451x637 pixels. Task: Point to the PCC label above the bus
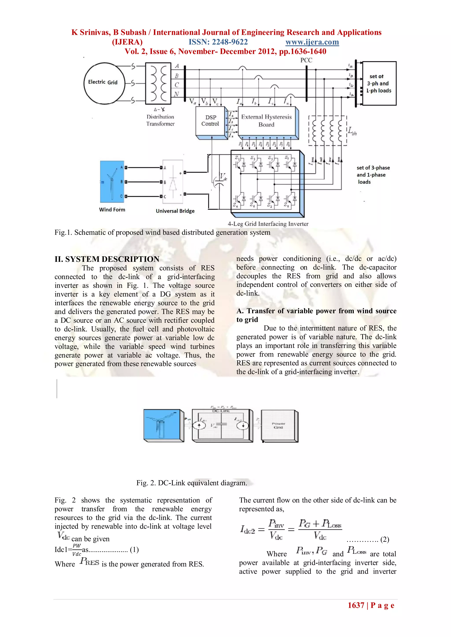coord(306,60)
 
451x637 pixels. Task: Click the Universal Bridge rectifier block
coord(173,182)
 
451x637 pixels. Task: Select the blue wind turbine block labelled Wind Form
coord(112,182)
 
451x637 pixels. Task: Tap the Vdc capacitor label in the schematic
coord(223,177)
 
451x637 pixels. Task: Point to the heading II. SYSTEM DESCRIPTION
coord(107,259)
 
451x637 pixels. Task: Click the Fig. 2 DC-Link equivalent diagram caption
coord(191,483)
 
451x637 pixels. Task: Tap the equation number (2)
coord(385,539)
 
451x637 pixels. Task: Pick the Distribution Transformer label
coord(161,120)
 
